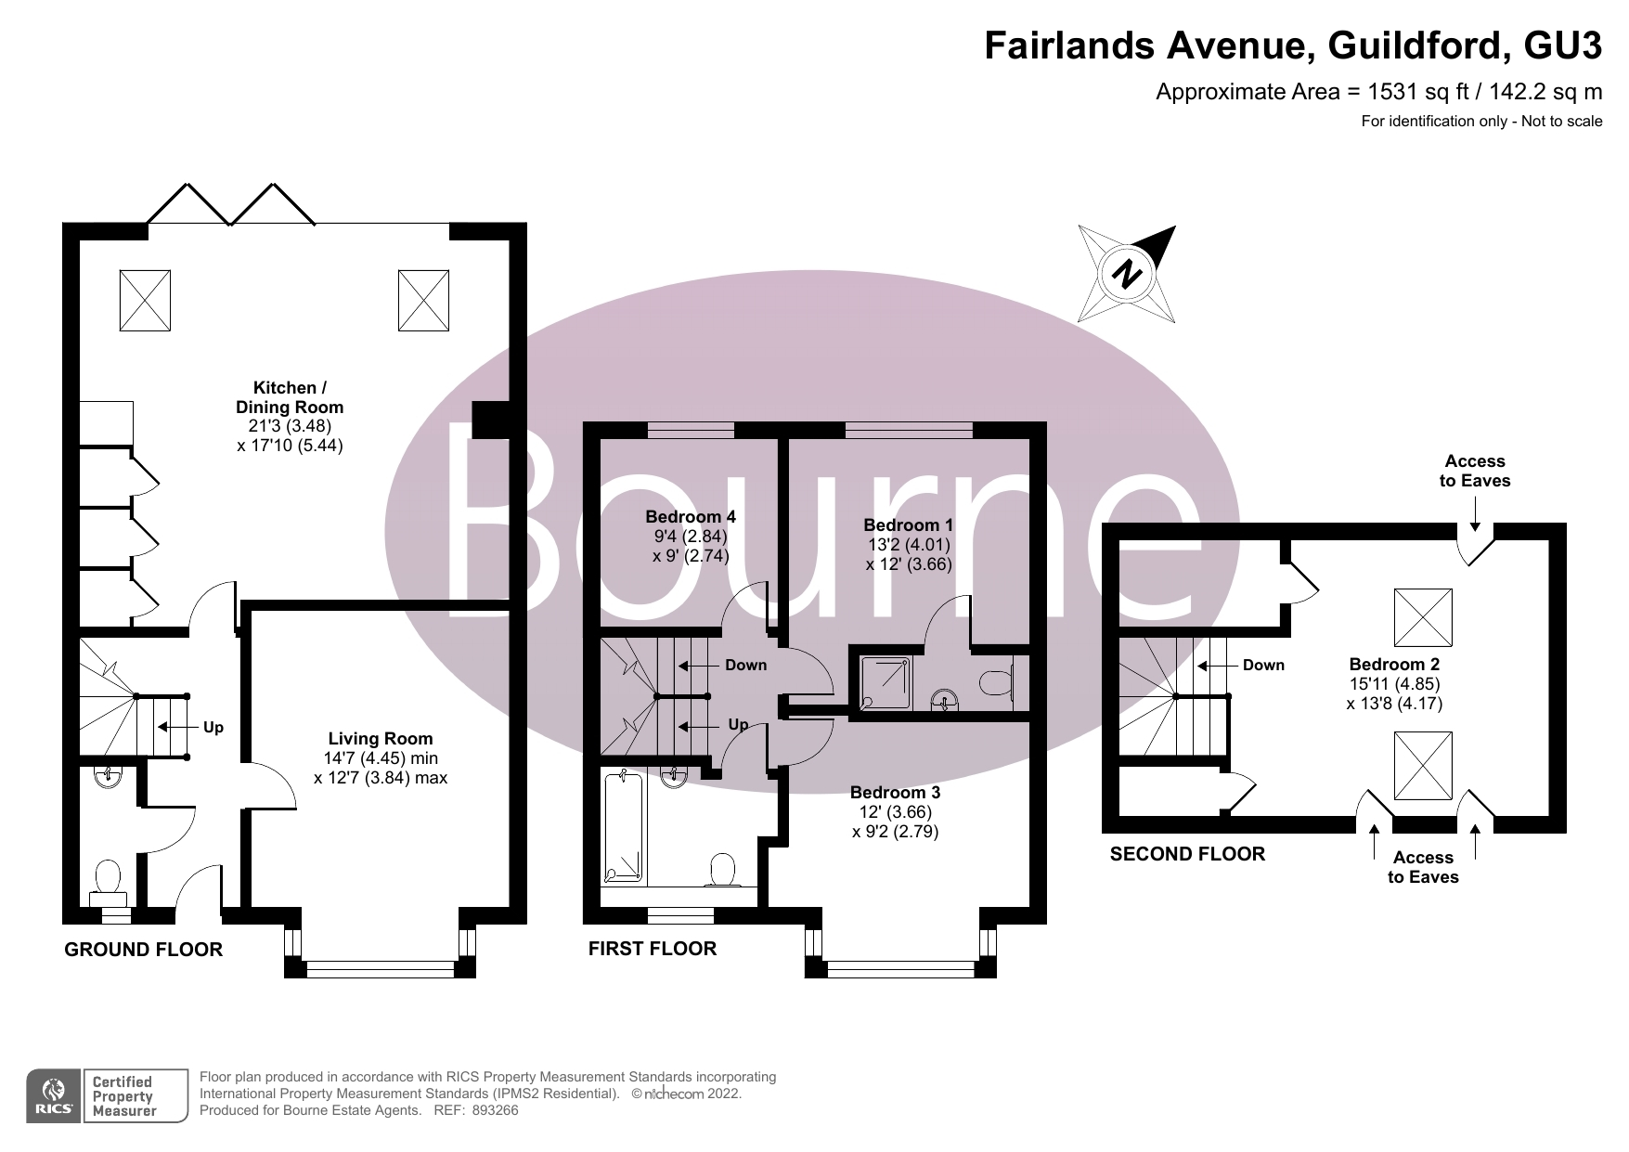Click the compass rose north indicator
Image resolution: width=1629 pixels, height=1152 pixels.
click(1128, 274)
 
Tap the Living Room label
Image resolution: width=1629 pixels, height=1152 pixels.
click(381, 739)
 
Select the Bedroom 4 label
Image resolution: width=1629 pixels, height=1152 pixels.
click(691, 517)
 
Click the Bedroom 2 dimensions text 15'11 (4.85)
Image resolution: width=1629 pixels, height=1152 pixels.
click(1394, 684)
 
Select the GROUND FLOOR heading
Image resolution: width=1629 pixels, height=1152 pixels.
click(144, 950)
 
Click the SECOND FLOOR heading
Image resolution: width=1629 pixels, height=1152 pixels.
click(1187, 854)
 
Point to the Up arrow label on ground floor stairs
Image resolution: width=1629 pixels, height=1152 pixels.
click(213, 728)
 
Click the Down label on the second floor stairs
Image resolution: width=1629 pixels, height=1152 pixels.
click(1263, 665)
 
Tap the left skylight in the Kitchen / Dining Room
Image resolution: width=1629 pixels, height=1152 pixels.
click(145, 300)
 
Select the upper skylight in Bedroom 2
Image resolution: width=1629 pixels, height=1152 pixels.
click(1423, 616)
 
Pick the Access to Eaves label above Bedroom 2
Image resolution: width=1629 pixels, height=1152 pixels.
click(1474, 471)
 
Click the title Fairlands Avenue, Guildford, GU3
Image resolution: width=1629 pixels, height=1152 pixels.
click(1293, 45)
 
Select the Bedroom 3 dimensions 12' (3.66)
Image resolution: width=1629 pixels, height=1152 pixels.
click(895, 812)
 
